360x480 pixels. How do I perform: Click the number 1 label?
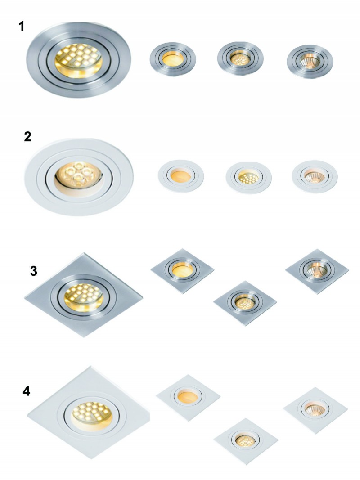21,27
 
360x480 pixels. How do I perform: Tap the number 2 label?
27,136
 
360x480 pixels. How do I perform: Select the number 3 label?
33,271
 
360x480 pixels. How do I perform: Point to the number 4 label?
27,391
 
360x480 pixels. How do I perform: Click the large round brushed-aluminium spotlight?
79,60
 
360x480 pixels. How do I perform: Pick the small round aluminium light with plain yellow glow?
173,59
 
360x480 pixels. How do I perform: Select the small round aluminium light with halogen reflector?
310,62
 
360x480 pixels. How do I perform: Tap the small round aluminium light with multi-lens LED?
240,58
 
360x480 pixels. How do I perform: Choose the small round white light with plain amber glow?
181,176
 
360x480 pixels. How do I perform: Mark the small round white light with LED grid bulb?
248,178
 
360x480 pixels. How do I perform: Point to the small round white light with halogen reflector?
315,177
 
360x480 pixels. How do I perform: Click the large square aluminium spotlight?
83,295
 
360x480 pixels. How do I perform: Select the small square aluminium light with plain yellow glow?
182,271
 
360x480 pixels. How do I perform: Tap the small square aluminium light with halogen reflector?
317,271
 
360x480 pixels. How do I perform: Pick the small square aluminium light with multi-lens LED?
245,303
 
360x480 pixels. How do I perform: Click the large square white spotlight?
89,413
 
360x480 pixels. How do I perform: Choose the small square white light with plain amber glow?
188,398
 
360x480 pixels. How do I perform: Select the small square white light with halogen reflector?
315,410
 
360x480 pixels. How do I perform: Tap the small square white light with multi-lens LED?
246,441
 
